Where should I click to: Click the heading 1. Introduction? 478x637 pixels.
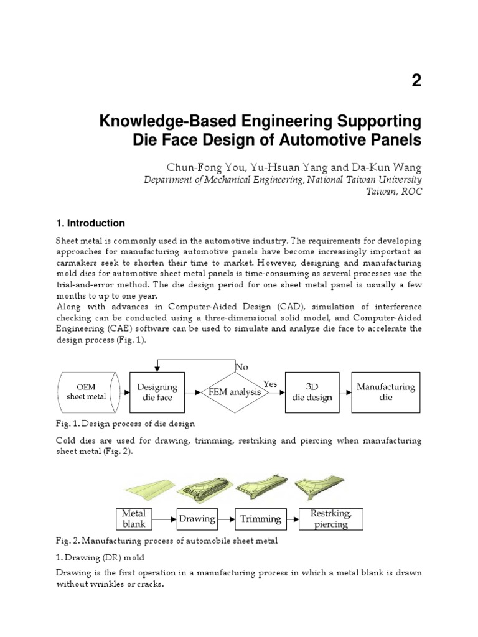point(90,223)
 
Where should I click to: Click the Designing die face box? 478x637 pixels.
point(157,392)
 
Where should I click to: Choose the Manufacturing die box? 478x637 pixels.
point(386,392)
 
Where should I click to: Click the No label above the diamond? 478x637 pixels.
point(241,367)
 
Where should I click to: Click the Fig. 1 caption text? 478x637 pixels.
point(125,424)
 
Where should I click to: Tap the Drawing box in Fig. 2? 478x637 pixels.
point(197,518)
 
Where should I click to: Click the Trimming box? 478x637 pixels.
point(261,518)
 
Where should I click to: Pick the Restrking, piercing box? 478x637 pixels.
point(330,518)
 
